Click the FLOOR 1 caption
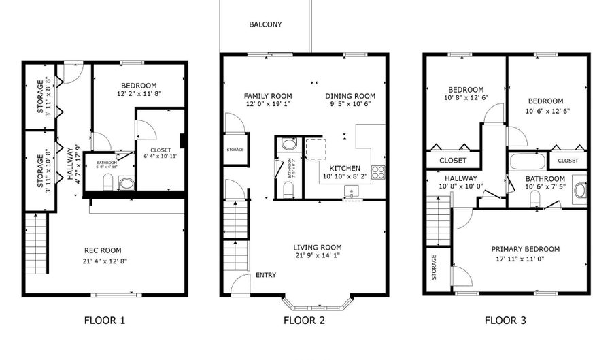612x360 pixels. tap(104, 320)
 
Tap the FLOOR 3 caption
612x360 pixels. tap(505, 320)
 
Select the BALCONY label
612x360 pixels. tap(265, 24)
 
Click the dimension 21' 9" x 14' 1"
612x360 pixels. tap(317, 256)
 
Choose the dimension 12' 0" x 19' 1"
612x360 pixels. tap(268, 105)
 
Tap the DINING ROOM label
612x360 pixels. tap(350, 96)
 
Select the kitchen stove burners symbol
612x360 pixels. tap(378, 171)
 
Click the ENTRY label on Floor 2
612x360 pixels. tap(266, 276)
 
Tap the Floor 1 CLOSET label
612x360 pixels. tap(160, 150)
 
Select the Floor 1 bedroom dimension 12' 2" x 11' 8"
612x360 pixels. tap(139, 93)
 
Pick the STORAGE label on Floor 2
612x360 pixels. tap(235, 150)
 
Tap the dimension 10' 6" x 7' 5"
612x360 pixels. tap(545, 187)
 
